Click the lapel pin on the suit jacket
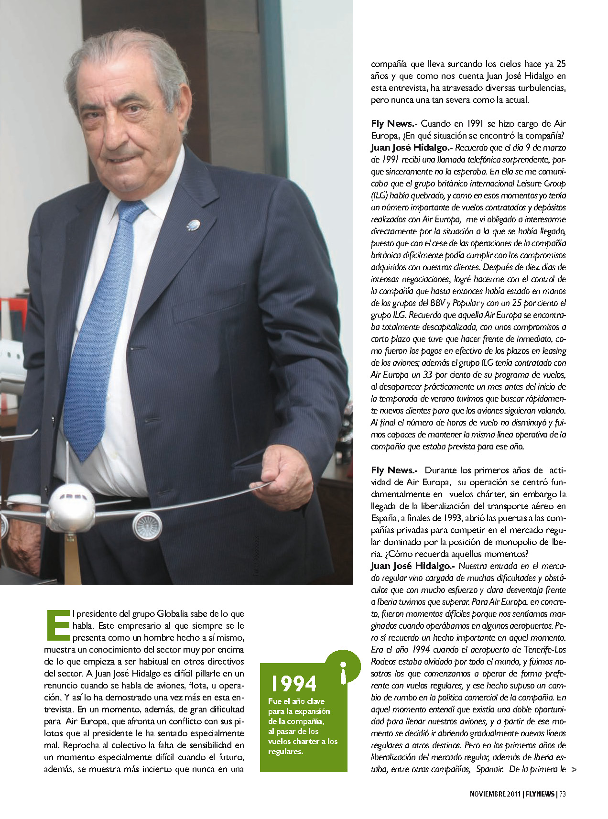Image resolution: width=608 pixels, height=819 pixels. click(x=193, y=224)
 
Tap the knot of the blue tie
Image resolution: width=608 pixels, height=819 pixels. click(x=131, y=211)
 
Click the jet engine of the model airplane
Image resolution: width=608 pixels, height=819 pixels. click(x=147, y=525)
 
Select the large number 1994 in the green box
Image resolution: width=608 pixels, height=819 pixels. click(x=293, y=683)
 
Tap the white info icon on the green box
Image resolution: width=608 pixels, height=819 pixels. click(x=342, y=672)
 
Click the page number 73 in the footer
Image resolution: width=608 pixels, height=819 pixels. click(x=563, y=794)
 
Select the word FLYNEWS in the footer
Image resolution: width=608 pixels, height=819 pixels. click(x=541, y=794)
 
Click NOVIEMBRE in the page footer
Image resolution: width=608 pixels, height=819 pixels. click(x=488, y=794)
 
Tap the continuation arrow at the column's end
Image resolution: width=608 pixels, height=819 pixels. click(x=574, y=769)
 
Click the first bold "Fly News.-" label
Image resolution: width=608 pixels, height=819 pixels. click(x=394, y=124)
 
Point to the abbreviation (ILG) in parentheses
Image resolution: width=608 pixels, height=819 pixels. click(x=379, y=196)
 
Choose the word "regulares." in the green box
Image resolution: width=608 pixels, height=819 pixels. click(x=285, y=751)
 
